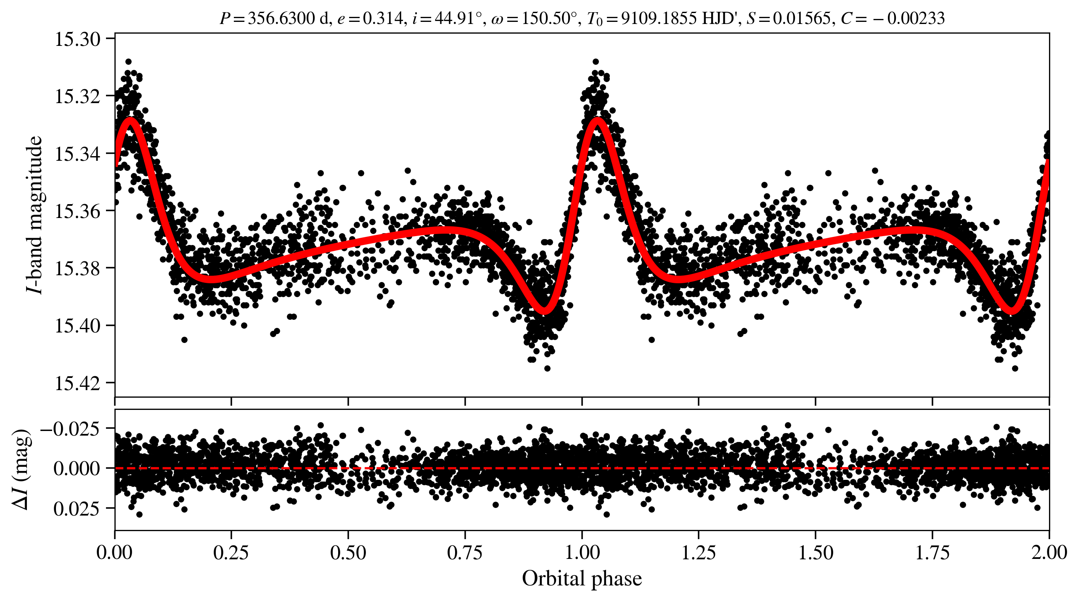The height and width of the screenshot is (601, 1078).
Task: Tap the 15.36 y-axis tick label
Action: tap(78, 211)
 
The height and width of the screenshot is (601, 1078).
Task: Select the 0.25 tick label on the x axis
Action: tap(231, 553)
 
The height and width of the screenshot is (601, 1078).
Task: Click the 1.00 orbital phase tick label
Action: tap(582, 553)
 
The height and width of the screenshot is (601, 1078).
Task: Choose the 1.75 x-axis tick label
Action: tap(932, 553)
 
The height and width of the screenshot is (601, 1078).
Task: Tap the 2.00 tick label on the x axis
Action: tap(1049, 553)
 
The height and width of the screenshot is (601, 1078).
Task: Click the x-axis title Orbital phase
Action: tap(582, 579)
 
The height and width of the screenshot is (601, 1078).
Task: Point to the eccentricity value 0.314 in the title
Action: tap(382, 19)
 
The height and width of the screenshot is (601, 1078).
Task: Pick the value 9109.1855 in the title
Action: tap(659, 19)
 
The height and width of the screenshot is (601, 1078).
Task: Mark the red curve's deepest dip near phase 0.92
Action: tap(545, 311)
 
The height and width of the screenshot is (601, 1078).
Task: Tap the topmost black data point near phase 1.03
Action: tap(596, 62)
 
